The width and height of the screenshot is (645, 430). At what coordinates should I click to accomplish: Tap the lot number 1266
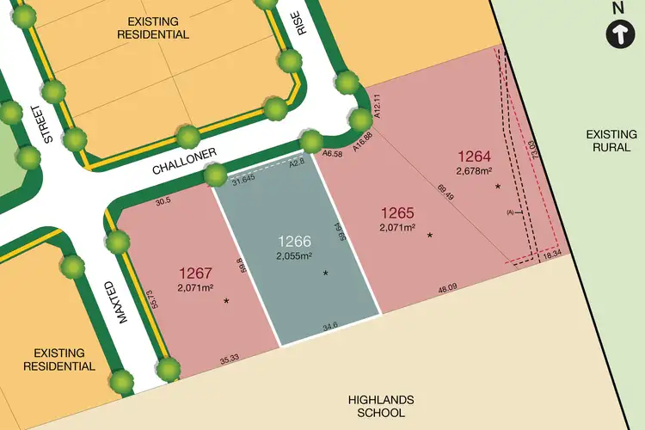click(293, 241)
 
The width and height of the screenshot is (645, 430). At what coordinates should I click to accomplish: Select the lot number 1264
click(474, 157)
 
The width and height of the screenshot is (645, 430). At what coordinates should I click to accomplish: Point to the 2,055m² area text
click(293, 256)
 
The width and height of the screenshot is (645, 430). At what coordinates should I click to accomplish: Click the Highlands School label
click(381, 406)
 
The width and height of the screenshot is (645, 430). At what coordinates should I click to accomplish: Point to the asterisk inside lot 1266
click(325, 273)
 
